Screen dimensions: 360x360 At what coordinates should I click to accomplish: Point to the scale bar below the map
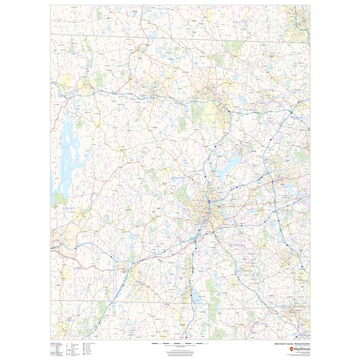[x=174, y=343]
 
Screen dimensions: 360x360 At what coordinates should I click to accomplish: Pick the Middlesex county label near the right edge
[x=298, y=117]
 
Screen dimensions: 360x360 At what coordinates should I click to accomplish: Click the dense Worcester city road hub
[x=210, y=211]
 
